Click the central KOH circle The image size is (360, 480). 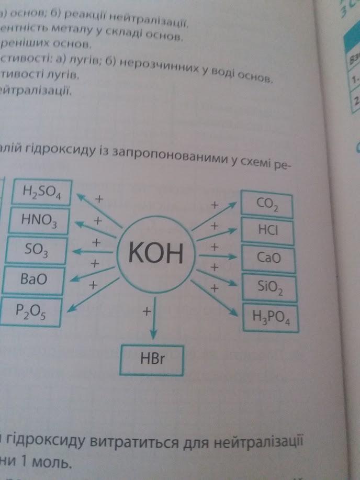tap(156, 255)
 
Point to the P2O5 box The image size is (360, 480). tap(31, 311)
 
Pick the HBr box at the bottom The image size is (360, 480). tap(152, 360)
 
